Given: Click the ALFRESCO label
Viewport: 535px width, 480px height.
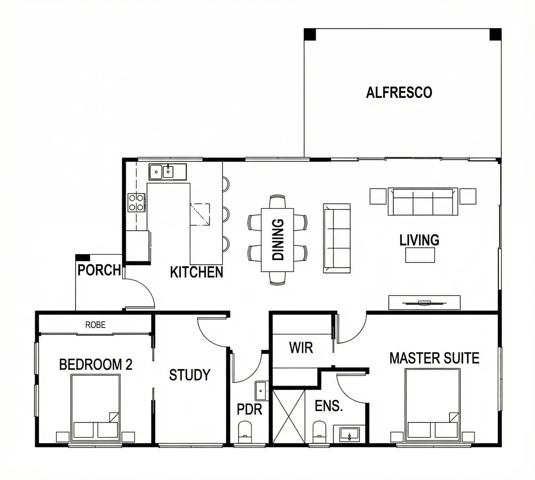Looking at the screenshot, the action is [x=399, y=92].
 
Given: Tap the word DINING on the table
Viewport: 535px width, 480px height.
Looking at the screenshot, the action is [x=278, y=240].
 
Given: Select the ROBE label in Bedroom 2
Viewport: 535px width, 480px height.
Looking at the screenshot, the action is [x=95, y=325].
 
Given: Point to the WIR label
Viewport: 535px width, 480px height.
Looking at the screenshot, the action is [x=301, y=348].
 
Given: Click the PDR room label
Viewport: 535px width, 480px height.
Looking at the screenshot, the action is [x=250, y=409].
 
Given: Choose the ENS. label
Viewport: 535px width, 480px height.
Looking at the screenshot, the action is [x=329, y=405].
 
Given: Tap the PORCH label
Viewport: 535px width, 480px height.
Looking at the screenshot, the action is [x=99, y=270].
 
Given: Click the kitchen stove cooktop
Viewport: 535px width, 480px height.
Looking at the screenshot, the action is [x=136, y=203].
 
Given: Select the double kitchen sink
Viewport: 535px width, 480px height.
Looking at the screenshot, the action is [x=167, y=172].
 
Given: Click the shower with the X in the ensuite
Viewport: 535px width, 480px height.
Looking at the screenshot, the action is [x=289, y=416].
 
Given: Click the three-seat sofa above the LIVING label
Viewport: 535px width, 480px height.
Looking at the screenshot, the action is [x=423, y=201].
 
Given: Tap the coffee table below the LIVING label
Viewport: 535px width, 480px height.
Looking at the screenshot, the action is [x=420, y=255].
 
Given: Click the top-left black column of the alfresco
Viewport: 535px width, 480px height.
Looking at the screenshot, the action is [x=310, y=34].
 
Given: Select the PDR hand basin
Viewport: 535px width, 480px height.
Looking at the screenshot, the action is [x=261, y=391].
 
